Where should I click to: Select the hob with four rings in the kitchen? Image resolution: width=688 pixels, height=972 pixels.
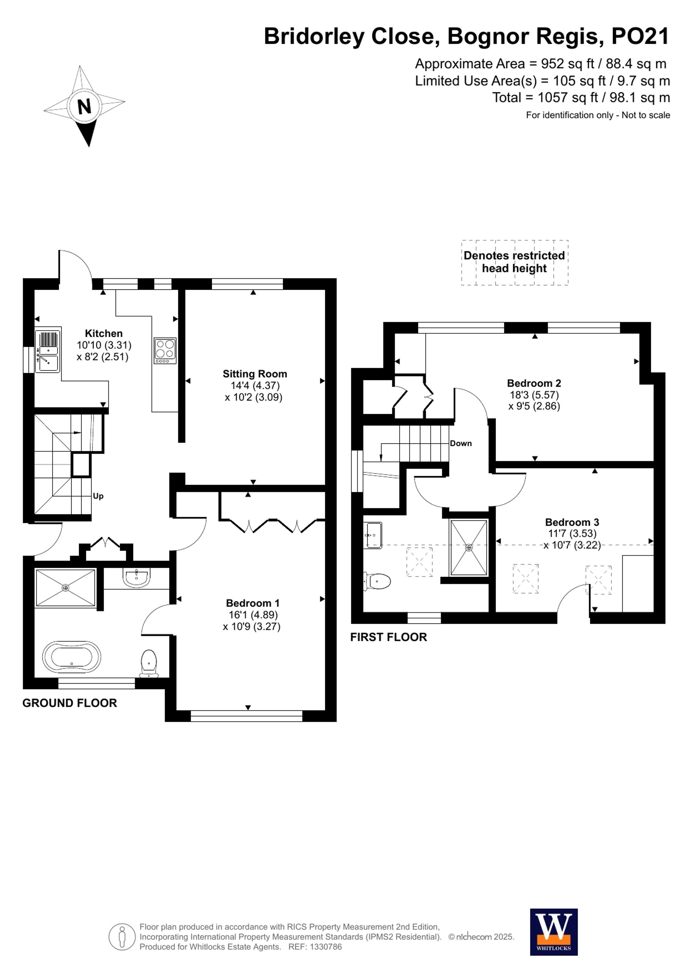pos(165,351)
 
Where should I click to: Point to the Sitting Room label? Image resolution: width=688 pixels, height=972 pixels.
pos(255,374)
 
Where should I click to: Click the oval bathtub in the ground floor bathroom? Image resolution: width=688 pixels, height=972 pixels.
pos(72,657)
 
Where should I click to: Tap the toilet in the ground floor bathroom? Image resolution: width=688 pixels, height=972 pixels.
pos(149,663)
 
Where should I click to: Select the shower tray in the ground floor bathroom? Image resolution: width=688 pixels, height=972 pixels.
pos(65,588)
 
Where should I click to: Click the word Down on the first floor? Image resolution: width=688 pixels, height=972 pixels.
pos(461,443)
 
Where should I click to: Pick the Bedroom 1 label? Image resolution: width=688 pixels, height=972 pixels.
pos(252,603)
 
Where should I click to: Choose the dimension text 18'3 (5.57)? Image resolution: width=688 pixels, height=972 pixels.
pos(534,395)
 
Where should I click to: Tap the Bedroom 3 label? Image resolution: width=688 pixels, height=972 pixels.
pos(572,522)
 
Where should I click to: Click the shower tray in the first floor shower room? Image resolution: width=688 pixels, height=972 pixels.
pos(469,548)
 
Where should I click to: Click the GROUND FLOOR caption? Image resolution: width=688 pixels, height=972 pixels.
pos(69,703)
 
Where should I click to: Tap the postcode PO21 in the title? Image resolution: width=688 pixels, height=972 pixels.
pos(640,36)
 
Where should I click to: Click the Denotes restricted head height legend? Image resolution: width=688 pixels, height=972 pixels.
pos(514,262)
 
